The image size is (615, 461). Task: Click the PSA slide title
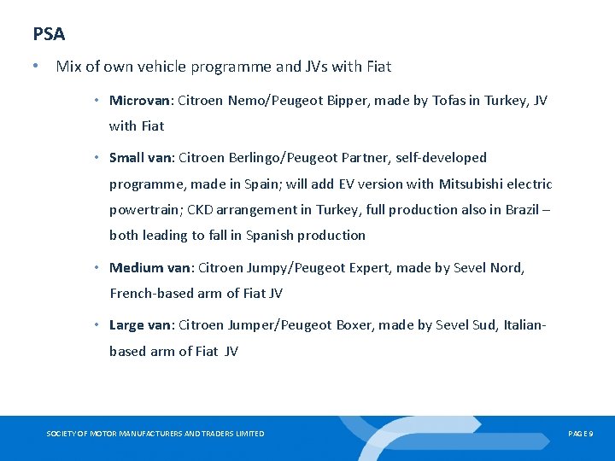coord(49,34)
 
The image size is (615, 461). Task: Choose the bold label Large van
coord(140,324)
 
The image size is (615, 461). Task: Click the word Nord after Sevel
coord(507,267)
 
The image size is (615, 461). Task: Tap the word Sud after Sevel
coord(483,324)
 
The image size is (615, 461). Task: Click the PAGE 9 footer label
coord(580,434)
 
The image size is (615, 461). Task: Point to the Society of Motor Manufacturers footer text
coord(155,434)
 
